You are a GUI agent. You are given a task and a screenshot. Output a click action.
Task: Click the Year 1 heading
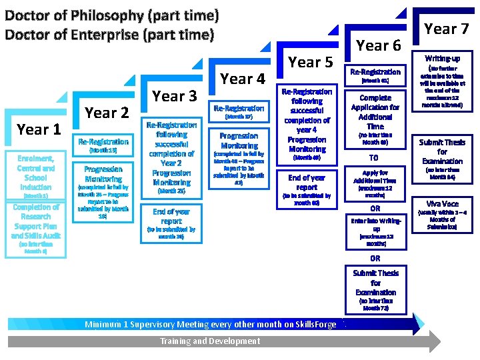[39, 129]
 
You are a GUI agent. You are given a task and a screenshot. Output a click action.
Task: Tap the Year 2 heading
[107, 113]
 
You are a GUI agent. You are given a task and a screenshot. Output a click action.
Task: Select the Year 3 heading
[175, 96]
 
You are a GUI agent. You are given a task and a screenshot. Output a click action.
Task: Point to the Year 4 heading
[243, 79]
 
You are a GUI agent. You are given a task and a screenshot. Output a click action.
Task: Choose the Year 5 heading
[310, 62]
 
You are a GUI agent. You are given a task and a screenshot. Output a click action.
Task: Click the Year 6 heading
[379, 45]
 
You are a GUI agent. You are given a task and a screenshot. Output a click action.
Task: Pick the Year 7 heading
[447, 29]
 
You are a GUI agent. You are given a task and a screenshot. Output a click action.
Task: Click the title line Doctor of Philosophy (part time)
[112, 15]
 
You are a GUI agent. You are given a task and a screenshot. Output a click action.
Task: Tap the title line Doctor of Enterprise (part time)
[109, 34]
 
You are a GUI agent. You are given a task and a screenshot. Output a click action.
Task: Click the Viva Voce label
[442, 203]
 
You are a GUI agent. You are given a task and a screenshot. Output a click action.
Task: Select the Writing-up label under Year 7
[442, 59]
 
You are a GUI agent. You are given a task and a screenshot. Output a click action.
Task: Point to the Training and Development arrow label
[210, 341]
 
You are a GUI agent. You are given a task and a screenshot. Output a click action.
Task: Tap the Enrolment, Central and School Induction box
[35, 173]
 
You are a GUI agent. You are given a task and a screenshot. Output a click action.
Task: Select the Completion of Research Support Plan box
[35, 221]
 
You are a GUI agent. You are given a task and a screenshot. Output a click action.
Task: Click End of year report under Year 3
[171, 216]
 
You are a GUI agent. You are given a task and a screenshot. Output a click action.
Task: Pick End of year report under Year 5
[307, 183]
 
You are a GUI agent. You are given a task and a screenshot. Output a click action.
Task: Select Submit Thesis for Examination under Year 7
[442, 151]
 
